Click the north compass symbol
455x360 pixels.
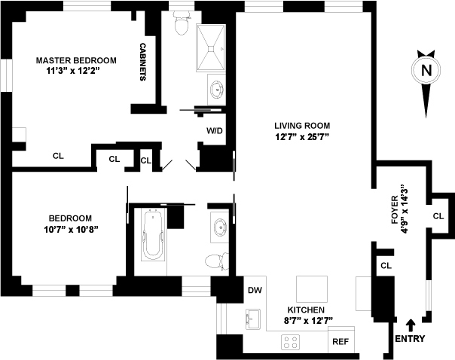point(426,72)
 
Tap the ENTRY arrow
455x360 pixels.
point(410,325)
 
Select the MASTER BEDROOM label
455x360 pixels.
point(77,60)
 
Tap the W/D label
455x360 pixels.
point(215,130)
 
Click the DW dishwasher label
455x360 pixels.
point(253,289)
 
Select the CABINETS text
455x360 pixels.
point(143,62)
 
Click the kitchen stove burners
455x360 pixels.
point(290,342)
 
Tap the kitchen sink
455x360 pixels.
point(253,319)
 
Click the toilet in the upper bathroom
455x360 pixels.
point(181,26)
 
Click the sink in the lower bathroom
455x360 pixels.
point(218,228)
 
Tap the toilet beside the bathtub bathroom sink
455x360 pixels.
point(218,262)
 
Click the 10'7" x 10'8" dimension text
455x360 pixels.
point(72,228)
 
